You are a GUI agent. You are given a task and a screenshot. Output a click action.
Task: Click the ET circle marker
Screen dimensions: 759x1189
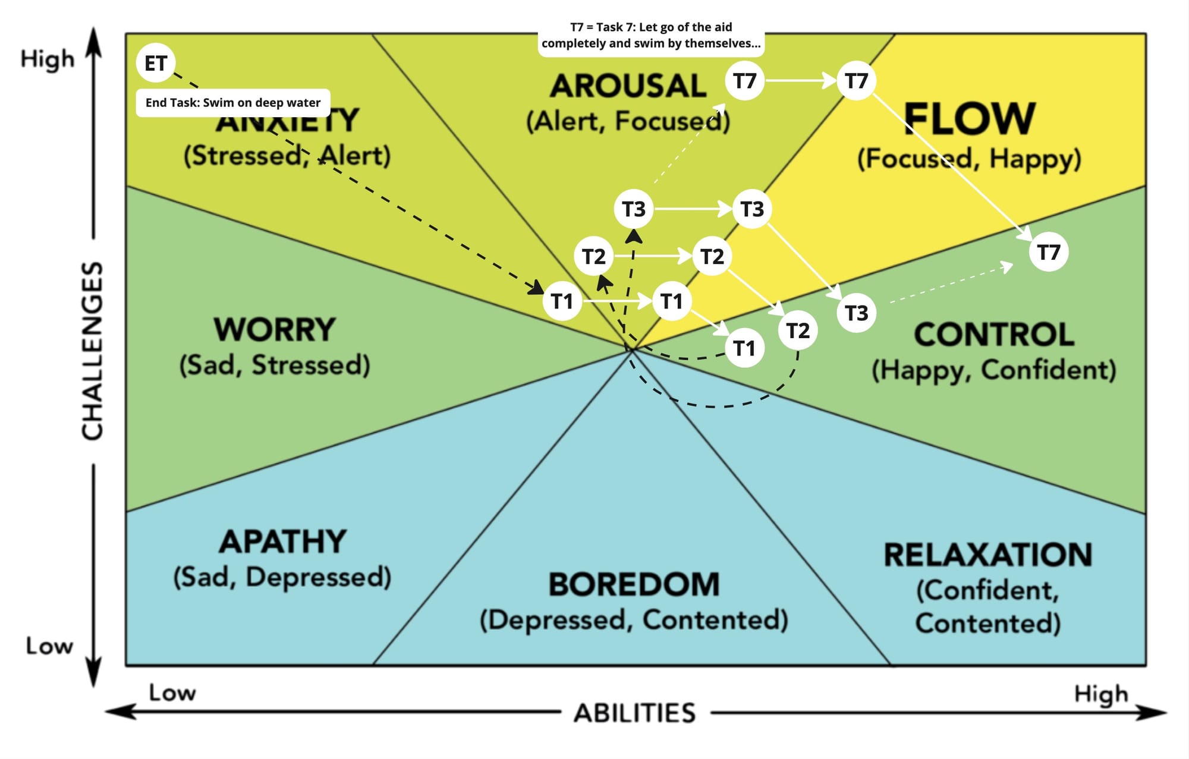click(156, 63)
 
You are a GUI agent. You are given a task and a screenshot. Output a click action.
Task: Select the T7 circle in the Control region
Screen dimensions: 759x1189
click(1049, 252)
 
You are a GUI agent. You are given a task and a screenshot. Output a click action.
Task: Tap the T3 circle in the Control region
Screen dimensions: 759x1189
click(857, 313)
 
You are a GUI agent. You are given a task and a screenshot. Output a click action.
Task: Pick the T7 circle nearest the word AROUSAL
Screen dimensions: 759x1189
click(744, 81)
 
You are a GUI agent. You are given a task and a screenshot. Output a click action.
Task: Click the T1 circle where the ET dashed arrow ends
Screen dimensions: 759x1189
click(562, 301)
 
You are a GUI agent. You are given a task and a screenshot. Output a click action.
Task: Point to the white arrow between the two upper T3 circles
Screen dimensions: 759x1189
click(693, 209)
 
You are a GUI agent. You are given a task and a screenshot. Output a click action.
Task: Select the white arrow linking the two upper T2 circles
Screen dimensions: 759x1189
click(653, 256)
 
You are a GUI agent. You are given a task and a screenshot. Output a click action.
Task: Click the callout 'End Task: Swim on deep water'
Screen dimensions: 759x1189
click(233, 103)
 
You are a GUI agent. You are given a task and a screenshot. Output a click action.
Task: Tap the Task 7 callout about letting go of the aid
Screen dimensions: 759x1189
click(651, 36)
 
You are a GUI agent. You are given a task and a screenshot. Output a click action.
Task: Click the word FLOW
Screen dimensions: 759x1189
click(970, 119)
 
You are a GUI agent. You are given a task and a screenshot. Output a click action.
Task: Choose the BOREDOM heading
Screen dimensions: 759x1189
click(634, 584)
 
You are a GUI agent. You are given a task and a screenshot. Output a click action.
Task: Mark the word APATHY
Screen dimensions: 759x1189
click(282, 541)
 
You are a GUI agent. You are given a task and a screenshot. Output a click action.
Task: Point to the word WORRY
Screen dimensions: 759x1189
click(275, 329)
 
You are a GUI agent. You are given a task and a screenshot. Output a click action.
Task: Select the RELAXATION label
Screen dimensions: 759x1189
click(987, 555)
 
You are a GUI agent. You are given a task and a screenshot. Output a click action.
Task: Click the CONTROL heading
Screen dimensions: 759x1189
click(994, 334)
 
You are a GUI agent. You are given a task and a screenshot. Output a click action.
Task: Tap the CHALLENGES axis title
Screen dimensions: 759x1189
click(93, 351)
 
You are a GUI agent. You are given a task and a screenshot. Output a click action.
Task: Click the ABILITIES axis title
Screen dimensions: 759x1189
click(634, 713)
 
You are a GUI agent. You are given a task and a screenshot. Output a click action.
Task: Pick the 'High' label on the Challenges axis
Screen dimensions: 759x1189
click(48, 59)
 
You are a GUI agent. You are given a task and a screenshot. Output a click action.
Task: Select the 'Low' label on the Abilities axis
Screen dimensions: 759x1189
click(172, 692)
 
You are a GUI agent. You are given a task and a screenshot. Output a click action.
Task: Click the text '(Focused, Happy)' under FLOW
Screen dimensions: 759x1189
click(969, 159)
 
